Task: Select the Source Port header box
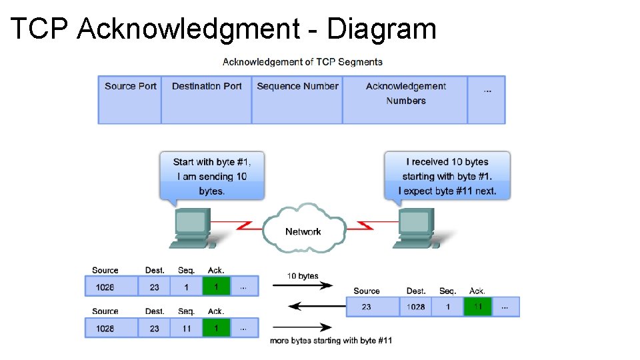point(130,100)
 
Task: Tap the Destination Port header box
point(207,100)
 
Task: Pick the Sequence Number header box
point(297,100)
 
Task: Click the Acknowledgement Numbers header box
point(405,100)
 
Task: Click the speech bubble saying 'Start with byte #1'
point(212,176)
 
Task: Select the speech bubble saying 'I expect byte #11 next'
point(447,176)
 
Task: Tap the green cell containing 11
point(477,307)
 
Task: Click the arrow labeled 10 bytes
point(303,286)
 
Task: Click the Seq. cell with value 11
point(187,328)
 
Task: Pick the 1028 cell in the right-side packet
point(416,307)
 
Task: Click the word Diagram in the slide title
point(381,29)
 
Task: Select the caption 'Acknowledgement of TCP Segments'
point(303,62)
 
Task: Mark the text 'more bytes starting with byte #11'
point(331,341)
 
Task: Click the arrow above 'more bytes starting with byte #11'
point(303,327)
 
